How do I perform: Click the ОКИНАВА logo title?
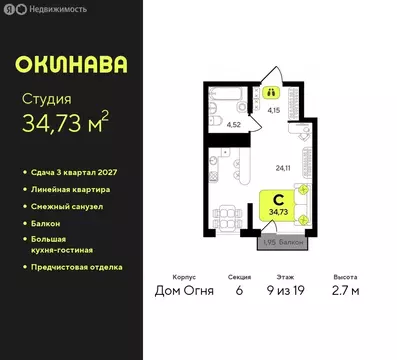tap(71, 64)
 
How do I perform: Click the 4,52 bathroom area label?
tap(233, 124)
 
